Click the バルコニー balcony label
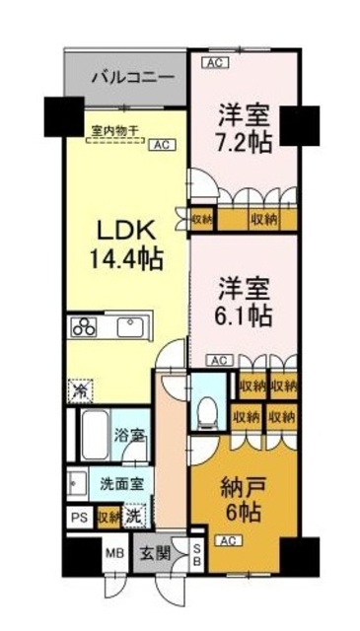pyautogui.click(x=126, y=75)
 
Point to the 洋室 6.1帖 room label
pyautogui.click(x=243, y=303)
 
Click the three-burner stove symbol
pyautogui.click(x=83, y=327)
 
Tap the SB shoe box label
pyautogui.click(x=196, y=554)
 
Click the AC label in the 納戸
pyautogui.click(x=227, y=541)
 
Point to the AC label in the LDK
pyautogui.click(x=158, y=144)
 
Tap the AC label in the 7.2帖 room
pyautogui.click(x=213, y=63)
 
